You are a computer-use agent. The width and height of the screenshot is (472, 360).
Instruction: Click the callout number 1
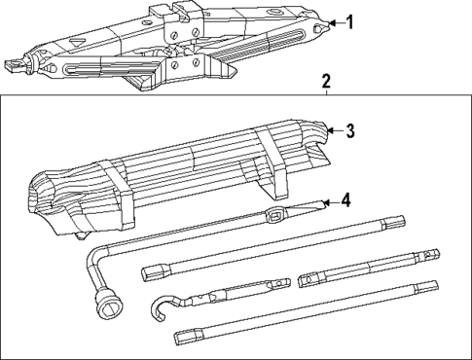[x=350, y=22]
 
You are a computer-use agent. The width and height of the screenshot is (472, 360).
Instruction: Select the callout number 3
[x=351, y=128]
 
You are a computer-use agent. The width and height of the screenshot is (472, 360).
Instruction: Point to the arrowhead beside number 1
[x=331, y=22]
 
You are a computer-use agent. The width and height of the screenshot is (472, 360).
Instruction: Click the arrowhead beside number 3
[x=332, y=128]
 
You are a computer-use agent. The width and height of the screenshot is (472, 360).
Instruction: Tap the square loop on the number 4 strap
[x=275, y=213]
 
